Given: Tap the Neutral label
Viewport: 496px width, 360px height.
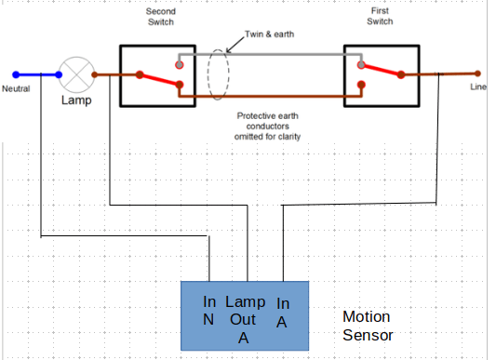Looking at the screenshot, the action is (x=16, y=88).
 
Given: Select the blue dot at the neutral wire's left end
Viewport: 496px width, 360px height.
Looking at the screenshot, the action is (x=16, y=74).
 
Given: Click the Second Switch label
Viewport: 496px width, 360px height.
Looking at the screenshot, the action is (x=161, y=17).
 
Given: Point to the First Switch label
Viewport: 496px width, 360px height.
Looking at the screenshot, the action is (x=380, y=16).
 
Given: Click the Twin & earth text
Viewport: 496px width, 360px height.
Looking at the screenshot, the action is (x=269, y=34).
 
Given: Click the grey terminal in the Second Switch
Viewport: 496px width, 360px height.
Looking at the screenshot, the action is (x=180, y=65).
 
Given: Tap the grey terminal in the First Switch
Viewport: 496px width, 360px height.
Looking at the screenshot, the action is (x=361, y=65).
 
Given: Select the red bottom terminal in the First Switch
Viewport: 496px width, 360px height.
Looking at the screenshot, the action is (x=361, y=85).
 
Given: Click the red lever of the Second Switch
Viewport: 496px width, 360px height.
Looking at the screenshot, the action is (x=159, y=80).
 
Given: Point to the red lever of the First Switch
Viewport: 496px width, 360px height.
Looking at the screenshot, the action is (x=382, y=70).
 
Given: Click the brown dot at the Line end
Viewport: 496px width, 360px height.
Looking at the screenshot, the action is (x=477, y=73).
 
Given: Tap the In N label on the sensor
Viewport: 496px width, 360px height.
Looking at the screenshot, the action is (x=209, y=311).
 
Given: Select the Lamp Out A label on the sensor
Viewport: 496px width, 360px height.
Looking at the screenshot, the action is (x=245, y=320).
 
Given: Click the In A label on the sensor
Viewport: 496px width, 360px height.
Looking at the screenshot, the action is (x=283, y=313).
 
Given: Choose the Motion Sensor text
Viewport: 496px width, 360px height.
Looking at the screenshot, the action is (x=368, y=326).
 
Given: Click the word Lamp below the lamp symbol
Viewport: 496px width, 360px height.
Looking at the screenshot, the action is (x=76, y=100).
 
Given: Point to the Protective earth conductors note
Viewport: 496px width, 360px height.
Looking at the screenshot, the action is (x=268, y=127).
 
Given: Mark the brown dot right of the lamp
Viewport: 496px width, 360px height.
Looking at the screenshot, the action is (x=95, y=75).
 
